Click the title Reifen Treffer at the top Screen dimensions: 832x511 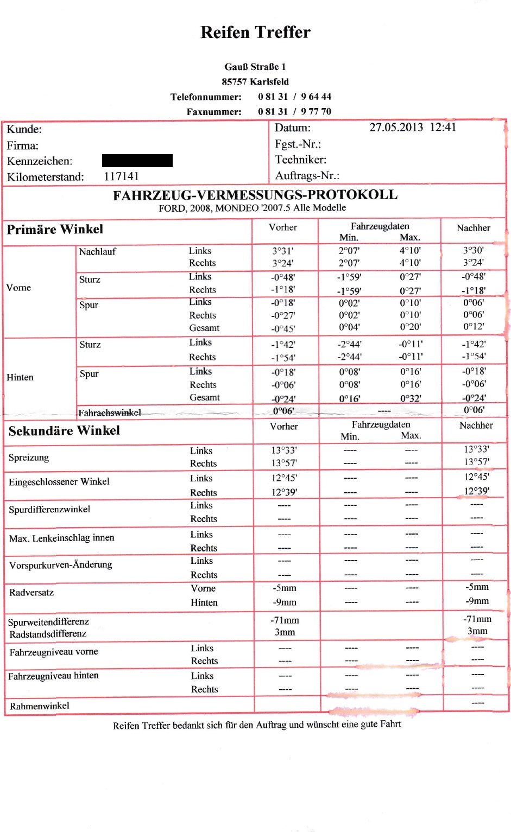tap(255, 33)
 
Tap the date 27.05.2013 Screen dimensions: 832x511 tap(396, 128)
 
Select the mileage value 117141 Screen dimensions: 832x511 tap(121, 176)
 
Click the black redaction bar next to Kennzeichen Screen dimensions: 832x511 tap(137, 161)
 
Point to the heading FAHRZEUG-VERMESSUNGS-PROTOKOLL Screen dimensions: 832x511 tap(255, 195)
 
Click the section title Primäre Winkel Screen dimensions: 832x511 tap(55, 230)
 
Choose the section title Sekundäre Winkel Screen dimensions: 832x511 tap(64, 431)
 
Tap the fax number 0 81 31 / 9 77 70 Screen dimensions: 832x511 tap(294, 111)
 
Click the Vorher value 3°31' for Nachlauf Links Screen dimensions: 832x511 tap(282, 251)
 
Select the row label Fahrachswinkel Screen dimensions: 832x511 tap(109, 413)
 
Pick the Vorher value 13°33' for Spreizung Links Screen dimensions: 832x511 tap(284, 450)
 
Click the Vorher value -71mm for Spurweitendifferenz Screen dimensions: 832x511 tap(285, 620)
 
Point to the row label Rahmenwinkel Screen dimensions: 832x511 tap(40, 706)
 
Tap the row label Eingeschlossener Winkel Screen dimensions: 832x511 tap(59, 482)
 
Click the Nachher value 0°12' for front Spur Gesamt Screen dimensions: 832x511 tap(473, 327)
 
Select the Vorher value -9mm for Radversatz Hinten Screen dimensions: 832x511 tap(285, 602)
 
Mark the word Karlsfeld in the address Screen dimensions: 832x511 tap(269, 82)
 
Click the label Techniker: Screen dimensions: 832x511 tap(300, 160)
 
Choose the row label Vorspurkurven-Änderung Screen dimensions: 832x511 tap(61, 565)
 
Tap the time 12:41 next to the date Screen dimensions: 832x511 tap(443, 127)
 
